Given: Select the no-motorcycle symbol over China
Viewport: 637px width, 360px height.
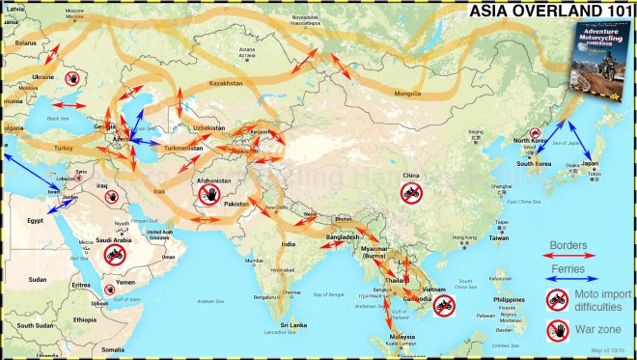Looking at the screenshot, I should [412, 193].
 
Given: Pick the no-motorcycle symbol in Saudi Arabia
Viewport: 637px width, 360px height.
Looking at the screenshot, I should [114, 255].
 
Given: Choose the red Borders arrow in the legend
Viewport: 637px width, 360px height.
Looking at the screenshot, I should [568, 255].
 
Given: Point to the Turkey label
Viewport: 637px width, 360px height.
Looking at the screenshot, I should [64, 148].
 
